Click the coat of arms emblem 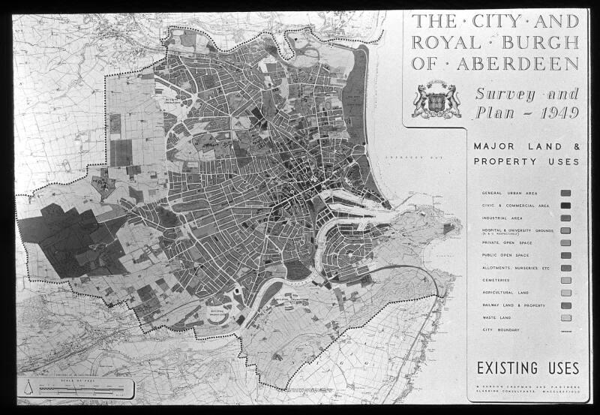[x=436, y=101]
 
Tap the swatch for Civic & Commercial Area [x=565, y=206]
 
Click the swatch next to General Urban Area [x=565, y=193]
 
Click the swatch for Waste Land [x=565, y=317]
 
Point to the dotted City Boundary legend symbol [x=565, y=330]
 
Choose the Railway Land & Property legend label [x=514, y=305]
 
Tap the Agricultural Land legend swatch [x=565, y=293]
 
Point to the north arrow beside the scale [x=28, y=389]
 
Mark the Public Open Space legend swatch [x=565, y=255]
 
